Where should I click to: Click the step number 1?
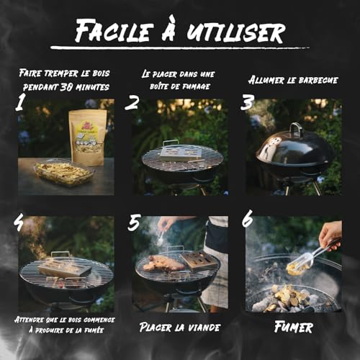[x=22, y=104]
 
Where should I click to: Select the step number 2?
[x=132, y=102]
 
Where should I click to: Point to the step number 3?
[x=247, y=102]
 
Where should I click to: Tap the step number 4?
[x=19, y=223]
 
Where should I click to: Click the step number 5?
[x=134, y=223]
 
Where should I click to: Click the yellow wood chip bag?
[x=87, y=137]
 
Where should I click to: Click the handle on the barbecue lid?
[x=295, y=129]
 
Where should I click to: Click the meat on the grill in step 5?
[x=163, y=263]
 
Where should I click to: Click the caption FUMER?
[x=294, y=327]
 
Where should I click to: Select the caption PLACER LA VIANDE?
[x=179, y=327]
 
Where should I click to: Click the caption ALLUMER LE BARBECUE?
[x=294, y=79]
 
